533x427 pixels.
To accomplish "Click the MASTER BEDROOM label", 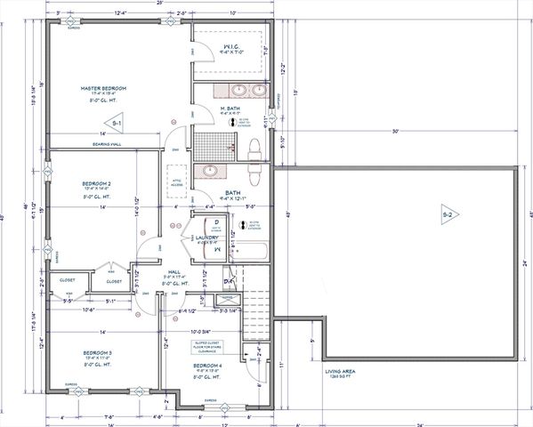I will [x=103, y=89].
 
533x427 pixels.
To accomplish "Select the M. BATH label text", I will [x=230, y=109].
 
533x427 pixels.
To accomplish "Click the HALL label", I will [x=174, y=270].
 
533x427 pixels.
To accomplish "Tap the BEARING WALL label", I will [x=100, y=142].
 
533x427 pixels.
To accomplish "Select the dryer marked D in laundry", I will [x=214, y=222].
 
